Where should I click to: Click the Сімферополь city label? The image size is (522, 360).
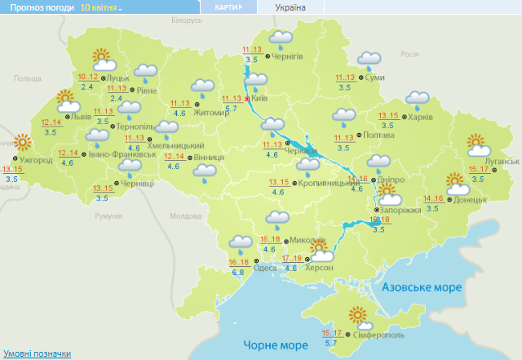tap(381, 336)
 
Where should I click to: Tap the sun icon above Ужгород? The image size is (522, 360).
tap(23, 143)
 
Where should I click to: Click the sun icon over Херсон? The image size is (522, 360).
tap(318, 247)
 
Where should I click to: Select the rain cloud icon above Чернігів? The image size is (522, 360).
tap(281, 38)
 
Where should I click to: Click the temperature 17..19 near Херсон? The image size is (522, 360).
tap(291, 259)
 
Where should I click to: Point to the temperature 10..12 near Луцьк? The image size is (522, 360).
tap(86, 77)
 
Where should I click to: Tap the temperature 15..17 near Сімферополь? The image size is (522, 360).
tap(331, 333)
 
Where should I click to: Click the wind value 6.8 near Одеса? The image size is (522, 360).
tap(238, 272)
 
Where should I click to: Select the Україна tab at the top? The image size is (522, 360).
tap(290, 7)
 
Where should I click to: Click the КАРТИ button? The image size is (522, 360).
tap(228, 7)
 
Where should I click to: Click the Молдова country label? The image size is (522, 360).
tap(184, 216)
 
